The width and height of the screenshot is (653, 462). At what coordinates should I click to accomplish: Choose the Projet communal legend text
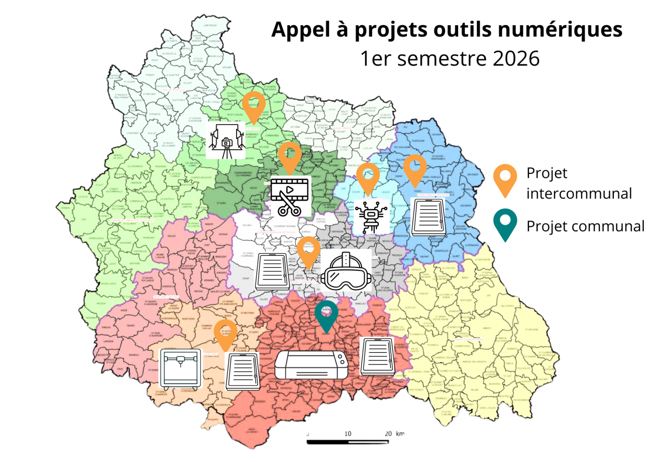pyautogui.click(x=585, y=226)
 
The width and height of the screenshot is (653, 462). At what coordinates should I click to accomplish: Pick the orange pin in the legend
pyautogui.click(x=506, y=180)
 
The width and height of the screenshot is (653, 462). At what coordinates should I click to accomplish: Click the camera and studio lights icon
pyautogui.click(x=227, y=140)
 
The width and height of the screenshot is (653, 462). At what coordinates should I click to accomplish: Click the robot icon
pyautogui.click(x=372, y=215)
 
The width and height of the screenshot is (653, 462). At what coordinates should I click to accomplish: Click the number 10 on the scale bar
pyautogui.click(x=348, y=433)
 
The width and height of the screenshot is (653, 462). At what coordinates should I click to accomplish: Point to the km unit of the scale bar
pyautogui.click(x=400, y=433)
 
